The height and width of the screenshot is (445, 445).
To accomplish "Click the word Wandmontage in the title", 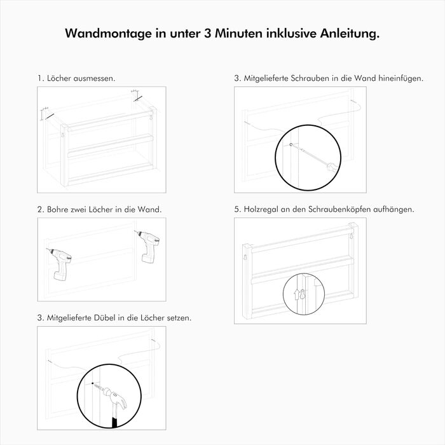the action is pos(109,34).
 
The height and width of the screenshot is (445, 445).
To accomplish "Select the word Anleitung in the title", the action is pos(350,34).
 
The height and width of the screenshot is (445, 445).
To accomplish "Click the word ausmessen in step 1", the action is pos(94,78).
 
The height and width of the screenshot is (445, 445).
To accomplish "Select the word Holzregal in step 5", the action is pos(261,209).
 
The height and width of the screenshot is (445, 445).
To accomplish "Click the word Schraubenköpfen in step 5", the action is pos(339,209).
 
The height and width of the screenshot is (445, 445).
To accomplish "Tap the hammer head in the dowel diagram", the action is pos(115,398).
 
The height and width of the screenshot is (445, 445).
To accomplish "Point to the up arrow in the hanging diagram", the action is pos(297,294).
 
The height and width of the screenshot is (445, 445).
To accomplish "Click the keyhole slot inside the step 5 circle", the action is pos(303,294).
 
